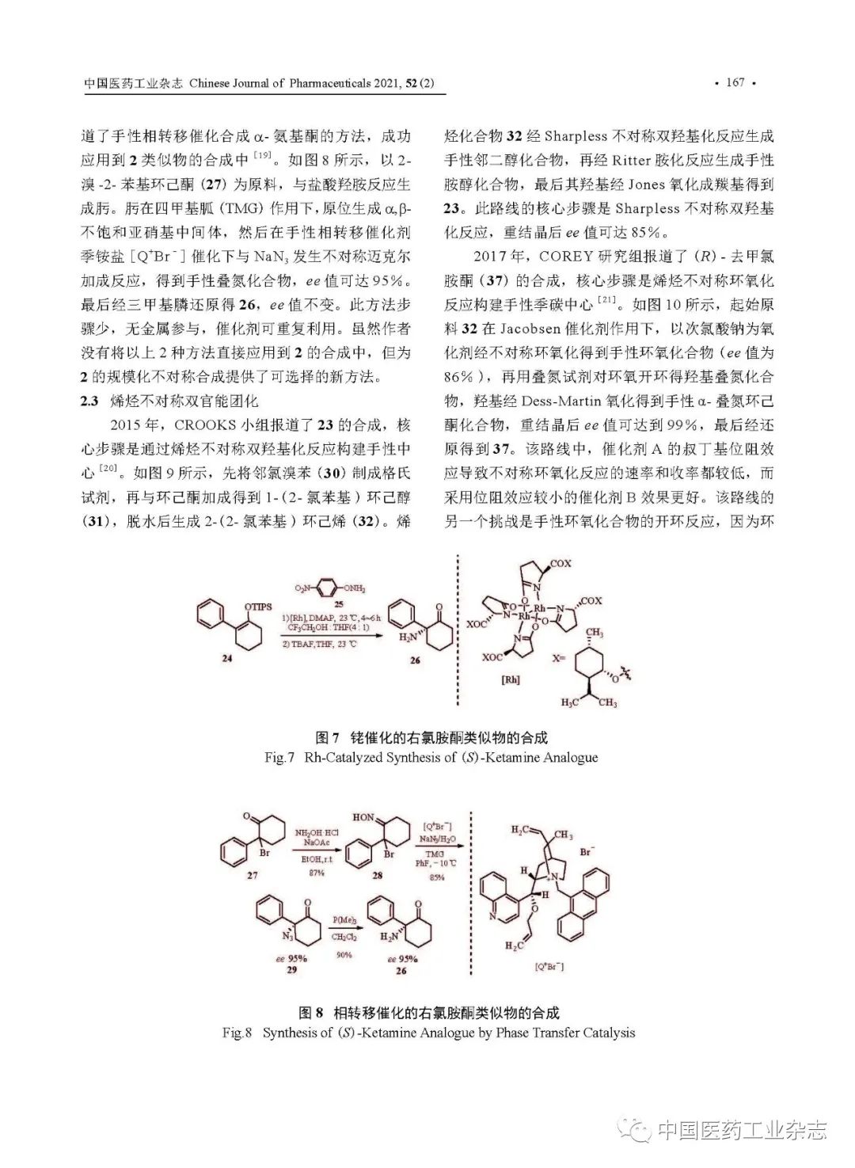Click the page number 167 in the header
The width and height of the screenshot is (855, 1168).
(735, 83)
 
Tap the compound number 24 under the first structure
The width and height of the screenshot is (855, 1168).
(226, 660)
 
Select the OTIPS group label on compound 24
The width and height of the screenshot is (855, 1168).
(259, 607)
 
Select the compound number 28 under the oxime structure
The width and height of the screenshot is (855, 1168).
(378, 877)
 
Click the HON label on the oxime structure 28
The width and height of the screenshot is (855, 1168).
(363, 816)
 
